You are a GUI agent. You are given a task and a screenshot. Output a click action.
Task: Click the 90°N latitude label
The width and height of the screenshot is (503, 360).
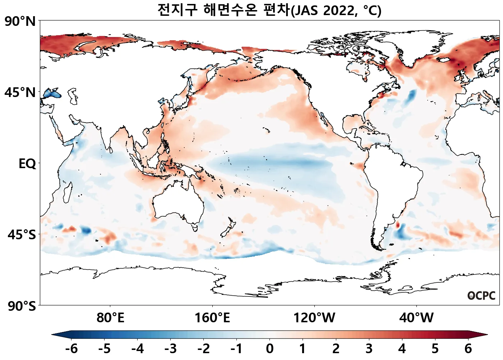(20, 22)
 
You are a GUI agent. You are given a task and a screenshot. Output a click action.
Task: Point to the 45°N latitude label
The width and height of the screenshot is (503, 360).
(20, 93)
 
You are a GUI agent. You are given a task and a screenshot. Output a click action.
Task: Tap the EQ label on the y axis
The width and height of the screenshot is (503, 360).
(27, 164)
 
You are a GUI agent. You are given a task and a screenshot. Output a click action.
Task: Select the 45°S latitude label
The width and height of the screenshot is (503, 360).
(22, 235)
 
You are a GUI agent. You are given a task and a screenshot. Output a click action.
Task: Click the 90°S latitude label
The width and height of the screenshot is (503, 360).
(22, 306)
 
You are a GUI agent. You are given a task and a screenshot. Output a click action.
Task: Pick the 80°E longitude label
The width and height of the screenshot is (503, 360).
(110, 318)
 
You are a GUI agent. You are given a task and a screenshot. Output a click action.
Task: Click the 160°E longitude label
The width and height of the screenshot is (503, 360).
(212, 318)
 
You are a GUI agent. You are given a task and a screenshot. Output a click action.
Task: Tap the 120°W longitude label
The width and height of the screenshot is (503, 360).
(314, 318)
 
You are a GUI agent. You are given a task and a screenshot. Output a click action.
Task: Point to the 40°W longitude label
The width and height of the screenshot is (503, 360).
(416, 318)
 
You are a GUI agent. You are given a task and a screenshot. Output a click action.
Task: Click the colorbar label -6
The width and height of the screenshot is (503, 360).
(71, 349)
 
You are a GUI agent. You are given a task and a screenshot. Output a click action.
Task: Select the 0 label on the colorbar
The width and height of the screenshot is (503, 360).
(270, 349)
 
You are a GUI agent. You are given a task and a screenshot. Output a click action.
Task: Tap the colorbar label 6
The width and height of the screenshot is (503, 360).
(468, 349)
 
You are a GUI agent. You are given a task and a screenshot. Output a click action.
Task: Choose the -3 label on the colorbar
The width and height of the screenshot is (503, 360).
(171, 349)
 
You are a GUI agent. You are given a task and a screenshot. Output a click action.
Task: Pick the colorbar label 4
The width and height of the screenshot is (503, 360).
(402, 349)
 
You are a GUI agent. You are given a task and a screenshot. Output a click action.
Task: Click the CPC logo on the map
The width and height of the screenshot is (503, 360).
(481, 296)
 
